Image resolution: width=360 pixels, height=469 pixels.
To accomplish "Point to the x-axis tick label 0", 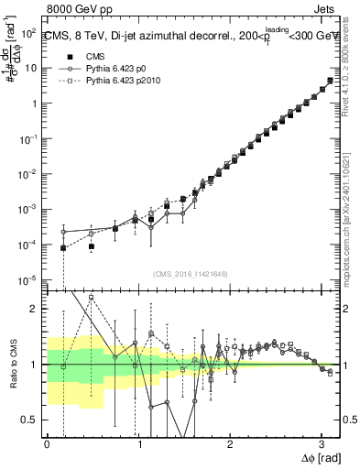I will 47,443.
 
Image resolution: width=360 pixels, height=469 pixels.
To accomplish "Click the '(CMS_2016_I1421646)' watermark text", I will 191,273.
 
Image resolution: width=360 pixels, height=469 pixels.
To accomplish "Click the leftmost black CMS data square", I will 63,248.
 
